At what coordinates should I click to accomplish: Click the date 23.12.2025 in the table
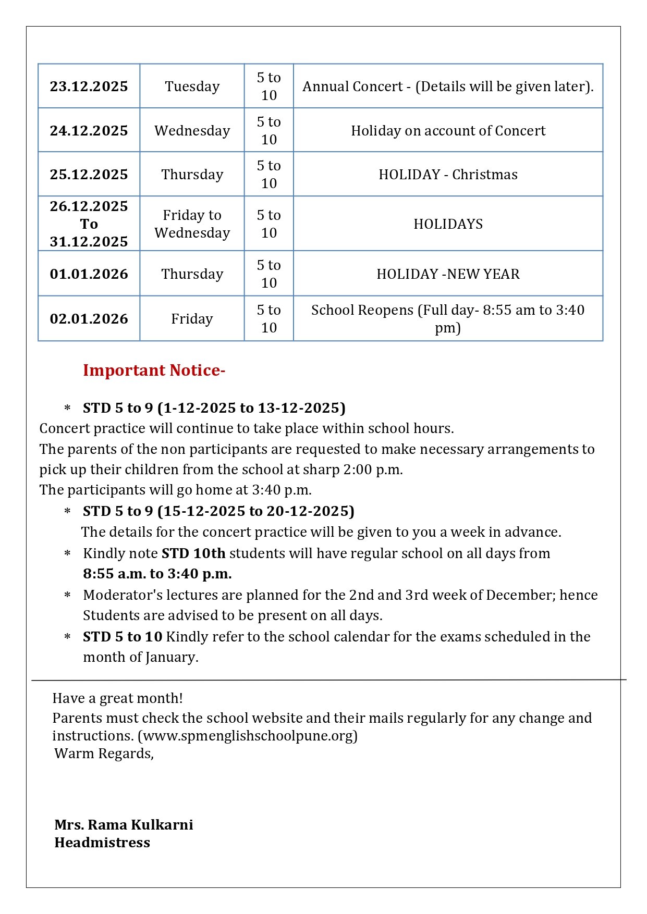[89, 87]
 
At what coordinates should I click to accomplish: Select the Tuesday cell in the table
[192, 87]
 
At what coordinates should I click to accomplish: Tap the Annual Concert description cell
[448, 87]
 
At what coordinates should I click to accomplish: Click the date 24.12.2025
[89, 131]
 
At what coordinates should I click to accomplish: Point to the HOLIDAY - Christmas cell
[448, 175]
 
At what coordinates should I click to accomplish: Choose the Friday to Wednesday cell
[192, 224]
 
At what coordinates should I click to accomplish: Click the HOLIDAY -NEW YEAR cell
[448, 274]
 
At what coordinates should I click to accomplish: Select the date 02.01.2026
[89, 319]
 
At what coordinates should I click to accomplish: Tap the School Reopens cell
[448, 319]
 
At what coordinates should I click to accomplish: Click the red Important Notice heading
[154, 370]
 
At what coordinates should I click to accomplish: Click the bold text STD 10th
[193, 553]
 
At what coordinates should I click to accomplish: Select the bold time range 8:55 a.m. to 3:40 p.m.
[157, 574]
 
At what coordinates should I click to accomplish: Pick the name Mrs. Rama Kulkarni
[124, 825]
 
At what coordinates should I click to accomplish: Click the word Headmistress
[102, 843]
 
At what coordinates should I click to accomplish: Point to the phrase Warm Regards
[104, 754]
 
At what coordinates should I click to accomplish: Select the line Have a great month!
[117, 698]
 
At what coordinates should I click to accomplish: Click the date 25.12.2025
[89, 175]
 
